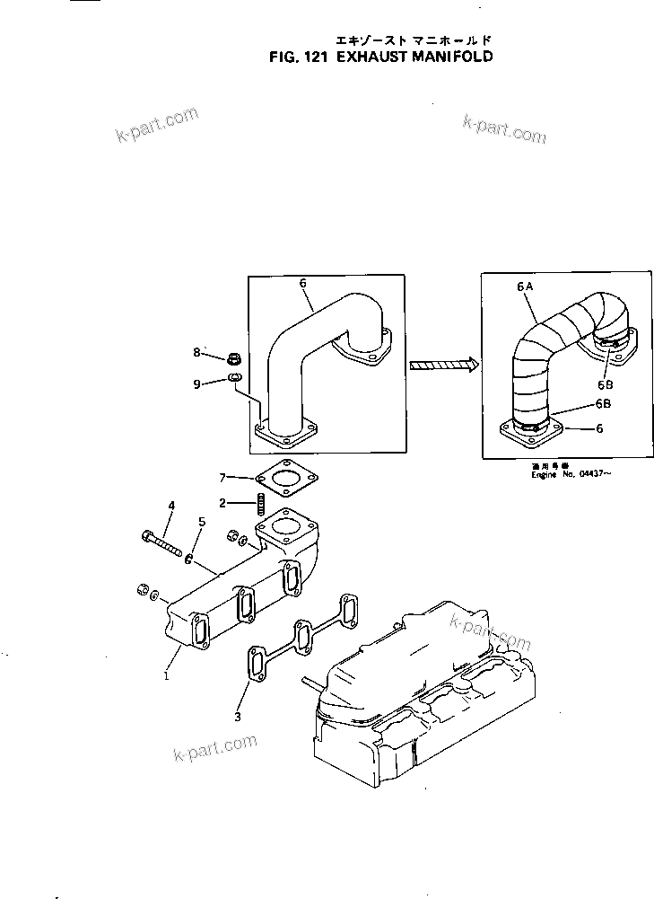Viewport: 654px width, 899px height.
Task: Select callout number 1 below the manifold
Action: pos(166,676)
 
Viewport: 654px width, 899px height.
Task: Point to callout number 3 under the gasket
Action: pos(238,717)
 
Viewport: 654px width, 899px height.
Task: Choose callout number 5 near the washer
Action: pos(202,520)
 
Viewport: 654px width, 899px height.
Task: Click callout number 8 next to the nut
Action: pos(198,353)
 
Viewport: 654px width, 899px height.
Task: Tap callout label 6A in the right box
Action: pos(525,285)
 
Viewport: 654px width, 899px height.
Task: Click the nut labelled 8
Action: pos(234,358)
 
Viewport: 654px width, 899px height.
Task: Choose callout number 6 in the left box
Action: pos(303,282)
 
